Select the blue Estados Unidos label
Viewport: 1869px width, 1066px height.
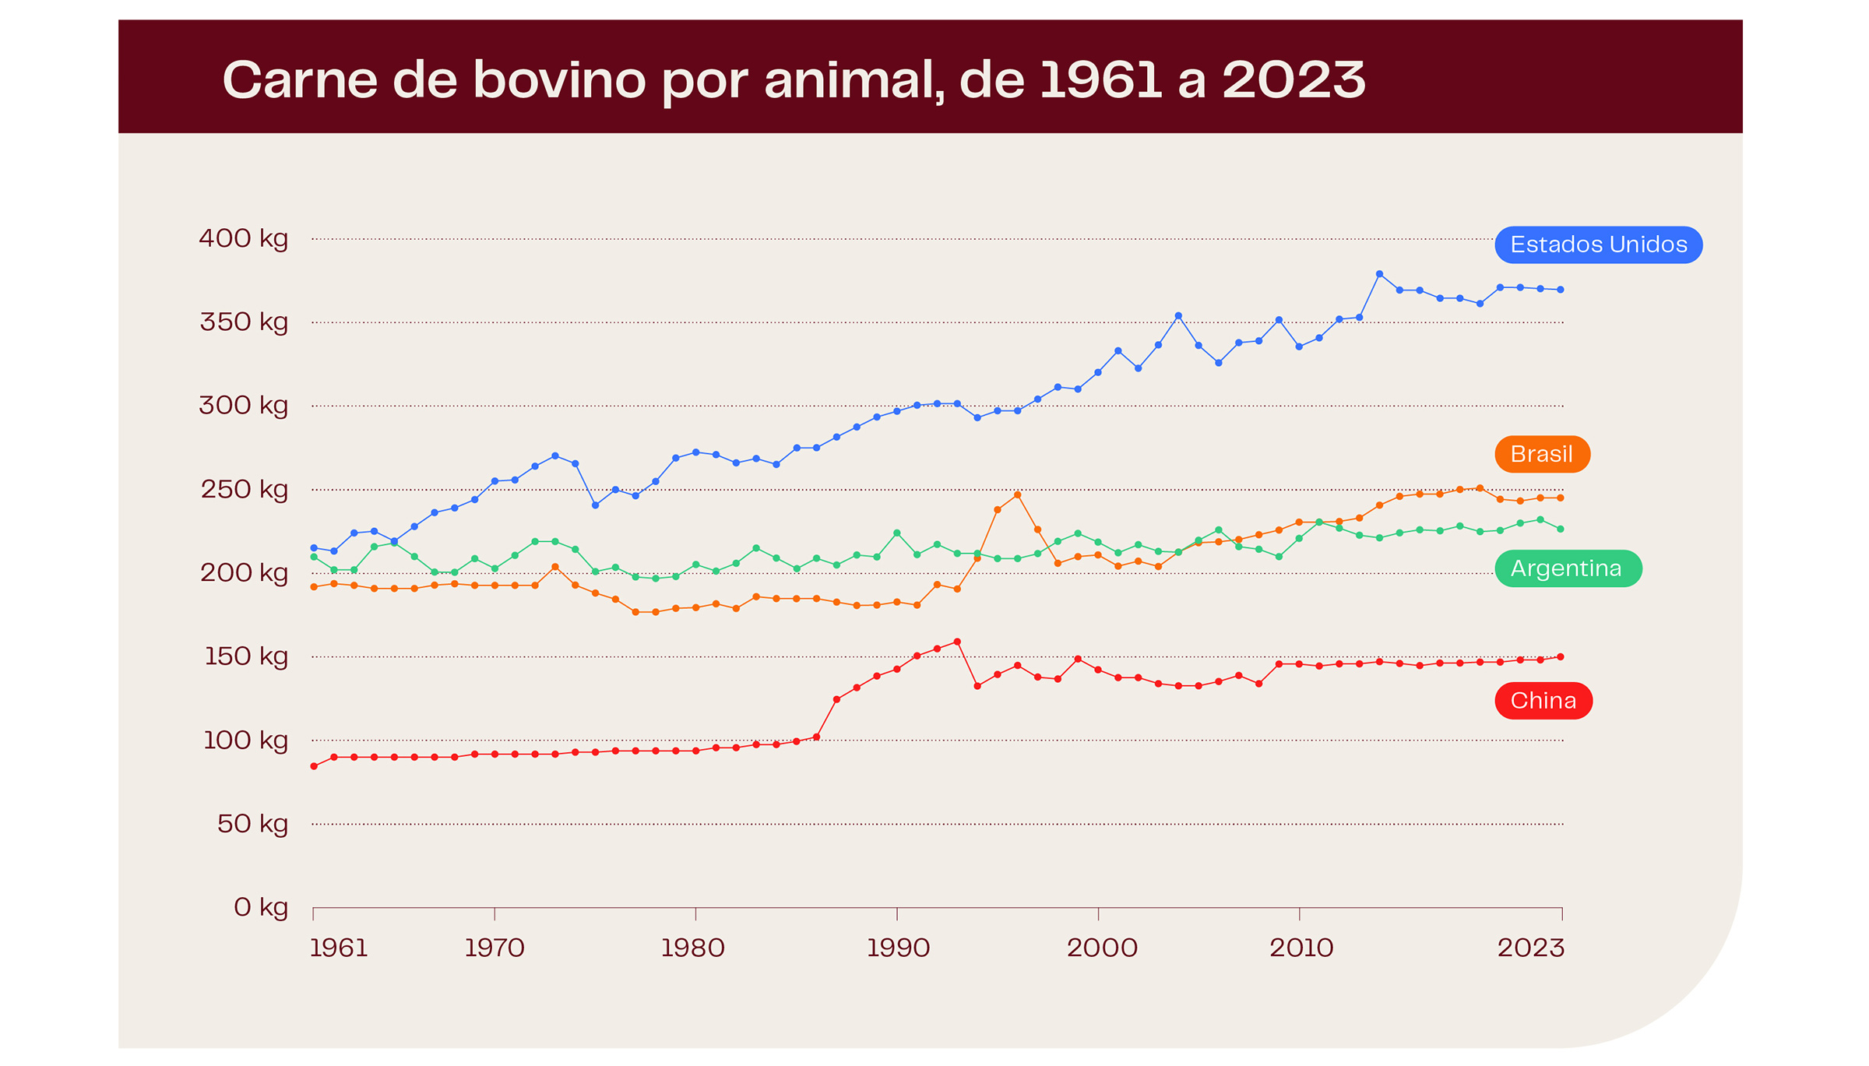tap(1598, 245)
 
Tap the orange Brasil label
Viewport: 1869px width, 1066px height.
tap(1541, 454)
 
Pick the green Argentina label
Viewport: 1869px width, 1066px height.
tap(1567, 568)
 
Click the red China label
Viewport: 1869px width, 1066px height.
tap(1543, 701)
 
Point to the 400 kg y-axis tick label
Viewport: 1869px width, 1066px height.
tap(243, 238)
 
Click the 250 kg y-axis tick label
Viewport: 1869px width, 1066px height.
tap(244, 490)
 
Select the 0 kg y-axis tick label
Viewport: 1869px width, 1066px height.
tap(260, 907)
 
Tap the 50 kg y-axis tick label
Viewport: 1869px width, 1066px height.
tap(252, 824)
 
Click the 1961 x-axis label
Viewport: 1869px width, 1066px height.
tap(338, 948)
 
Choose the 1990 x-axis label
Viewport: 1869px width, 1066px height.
tap(898, 948)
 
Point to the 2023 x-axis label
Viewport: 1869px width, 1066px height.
tap(1530, 948)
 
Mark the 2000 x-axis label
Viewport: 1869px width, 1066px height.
tap(1101, 948)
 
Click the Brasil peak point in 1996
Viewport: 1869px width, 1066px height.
tap(1017, 494)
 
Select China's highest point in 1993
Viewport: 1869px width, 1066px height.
tap(957, 642)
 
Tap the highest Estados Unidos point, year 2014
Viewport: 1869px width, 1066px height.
tap(1379, 274)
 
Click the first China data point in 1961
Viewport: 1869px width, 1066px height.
tap(314, 766)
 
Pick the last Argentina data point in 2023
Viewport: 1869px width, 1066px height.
tap(1560, 529)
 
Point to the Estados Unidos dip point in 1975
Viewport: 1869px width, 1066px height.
tap(596, 505)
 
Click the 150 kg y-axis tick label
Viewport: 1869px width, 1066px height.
tap(245, 656)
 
